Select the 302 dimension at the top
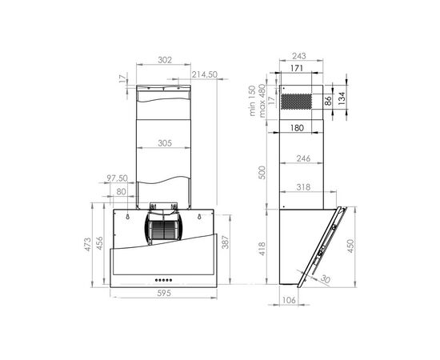tap(165, 60)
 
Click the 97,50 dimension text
tap(116, 178)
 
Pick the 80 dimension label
tap(121, 192)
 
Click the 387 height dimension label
tap(226, 242)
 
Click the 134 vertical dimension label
tap(342, 98)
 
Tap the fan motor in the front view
tap(166, 228)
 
